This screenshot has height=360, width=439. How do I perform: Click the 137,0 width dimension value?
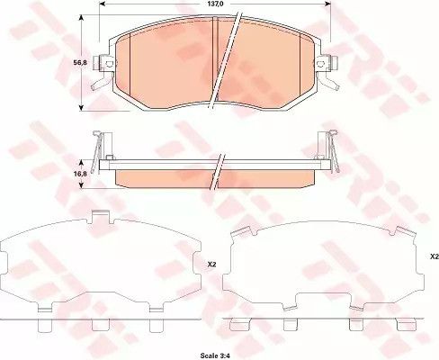[215, 4]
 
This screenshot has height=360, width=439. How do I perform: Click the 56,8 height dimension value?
[80, 63]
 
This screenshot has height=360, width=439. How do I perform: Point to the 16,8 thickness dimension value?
[80, 174]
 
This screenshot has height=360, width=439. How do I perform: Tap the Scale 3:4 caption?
[215, 355]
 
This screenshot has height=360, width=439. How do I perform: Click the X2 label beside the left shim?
[211, 265]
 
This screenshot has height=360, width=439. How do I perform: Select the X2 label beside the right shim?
[435, 256]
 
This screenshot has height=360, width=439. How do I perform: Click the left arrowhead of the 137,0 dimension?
[102, 4]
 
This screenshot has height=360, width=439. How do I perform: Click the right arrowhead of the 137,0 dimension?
[327, 4]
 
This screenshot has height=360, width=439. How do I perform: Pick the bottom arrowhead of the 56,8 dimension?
[81, 107]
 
